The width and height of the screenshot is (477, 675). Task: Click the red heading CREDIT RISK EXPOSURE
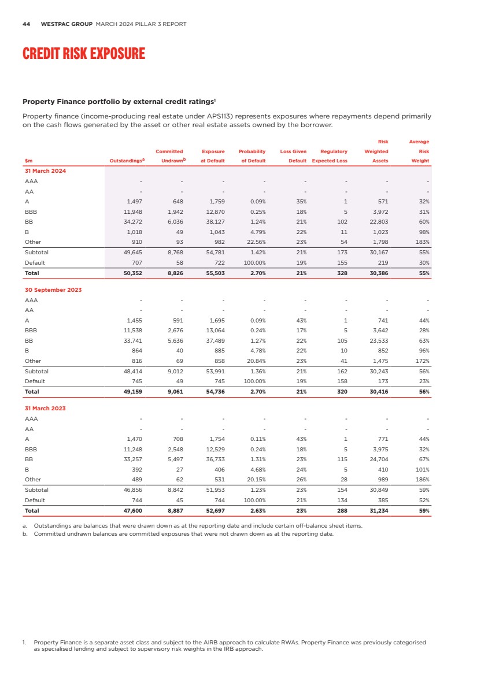click(x=84, y=54)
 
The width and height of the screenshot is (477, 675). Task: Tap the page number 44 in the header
click(x=26, y=24)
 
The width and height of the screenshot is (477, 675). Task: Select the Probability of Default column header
click(x=252, y=156)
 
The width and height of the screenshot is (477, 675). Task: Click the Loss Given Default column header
click(x=293, y=156)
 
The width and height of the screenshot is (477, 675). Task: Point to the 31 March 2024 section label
click(x=45, y=170)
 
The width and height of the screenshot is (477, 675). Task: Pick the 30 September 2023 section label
click(x=53, y=290)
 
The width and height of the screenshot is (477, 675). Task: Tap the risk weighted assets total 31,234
click(x=377, y=510)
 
